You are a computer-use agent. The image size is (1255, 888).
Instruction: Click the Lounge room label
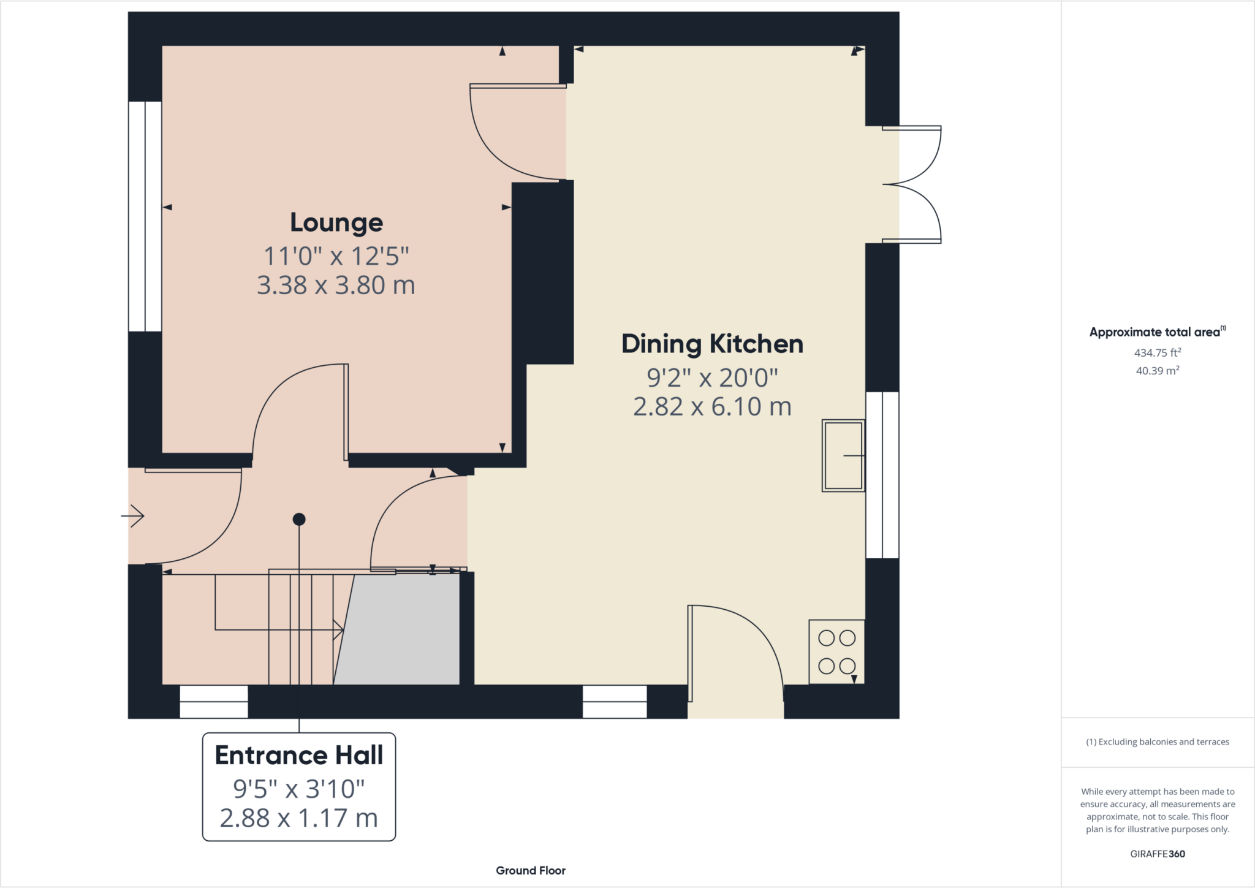pos(336,223)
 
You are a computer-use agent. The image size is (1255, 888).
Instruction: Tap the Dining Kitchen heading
pos(712,344)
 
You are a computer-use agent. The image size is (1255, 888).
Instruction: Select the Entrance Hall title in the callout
pos(299,755)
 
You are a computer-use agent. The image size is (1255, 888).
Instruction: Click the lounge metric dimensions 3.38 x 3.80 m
pos(336,285)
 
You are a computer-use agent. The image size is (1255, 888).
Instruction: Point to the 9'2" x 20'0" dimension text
pos(712,378)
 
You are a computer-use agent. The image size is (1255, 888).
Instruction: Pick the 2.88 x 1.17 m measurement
pos(299,818)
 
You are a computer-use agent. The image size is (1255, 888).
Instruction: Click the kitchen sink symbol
pos(844,455)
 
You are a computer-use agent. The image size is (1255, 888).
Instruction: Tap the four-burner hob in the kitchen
pos(837,652)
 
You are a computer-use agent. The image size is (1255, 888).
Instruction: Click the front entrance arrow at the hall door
pos(133,516)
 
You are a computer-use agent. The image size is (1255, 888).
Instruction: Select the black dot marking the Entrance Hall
pos(299,520)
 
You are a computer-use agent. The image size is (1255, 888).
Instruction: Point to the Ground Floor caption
pos(531,870)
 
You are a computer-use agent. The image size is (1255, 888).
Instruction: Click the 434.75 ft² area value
pos(1158,352)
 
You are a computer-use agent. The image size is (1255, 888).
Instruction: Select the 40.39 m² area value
pos(1158,370)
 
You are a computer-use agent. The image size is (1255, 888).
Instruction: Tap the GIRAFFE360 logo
pos(1158,854)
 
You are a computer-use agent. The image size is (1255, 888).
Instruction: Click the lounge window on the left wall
pos(145,216)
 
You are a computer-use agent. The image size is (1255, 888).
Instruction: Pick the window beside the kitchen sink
pos(882,475)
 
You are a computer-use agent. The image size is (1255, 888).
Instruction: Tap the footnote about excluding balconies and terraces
pos(1158,742)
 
